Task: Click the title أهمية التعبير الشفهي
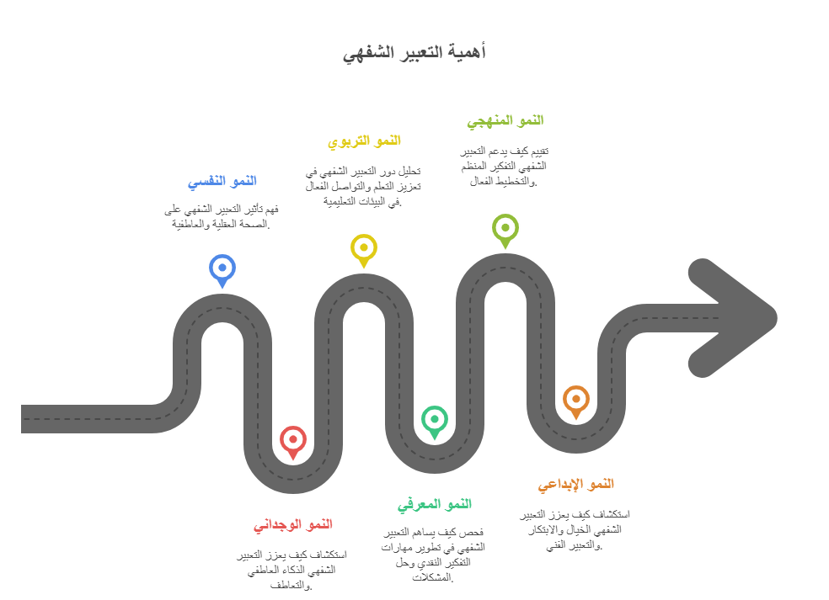click(x=414, y=52)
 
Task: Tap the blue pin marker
click(x=222, y=268)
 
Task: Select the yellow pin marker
click(x=364, y=247)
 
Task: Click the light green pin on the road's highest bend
click(x=505, y=227)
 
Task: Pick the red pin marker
click(x=292, y=439)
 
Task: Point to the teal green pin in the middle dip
click(x=435, y=418)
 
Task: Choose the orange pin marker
click(x=576, y=399)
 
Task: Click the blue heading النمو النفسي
click(x=222, y=181)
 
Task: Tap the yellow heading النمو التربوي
click(x=364, y=141)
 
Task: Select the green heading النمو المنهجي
click(x=505, y=120)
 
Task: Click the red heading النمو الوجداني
click(x=293, y=524)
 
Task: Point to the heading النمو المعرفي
click(x=435, y=504)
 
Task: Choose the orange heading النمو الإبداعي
click(x=576, y=484)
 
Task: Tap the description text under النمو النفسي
click(x=222, y=215)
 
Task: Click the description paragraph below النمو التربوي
click(x=363, y=186)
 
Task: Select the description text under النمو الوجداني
click(x=292, y=570)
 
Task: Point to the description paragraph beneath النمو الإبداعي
click(x=575, y=529)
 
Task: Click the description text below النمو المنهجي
click(x=505, y=166)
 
